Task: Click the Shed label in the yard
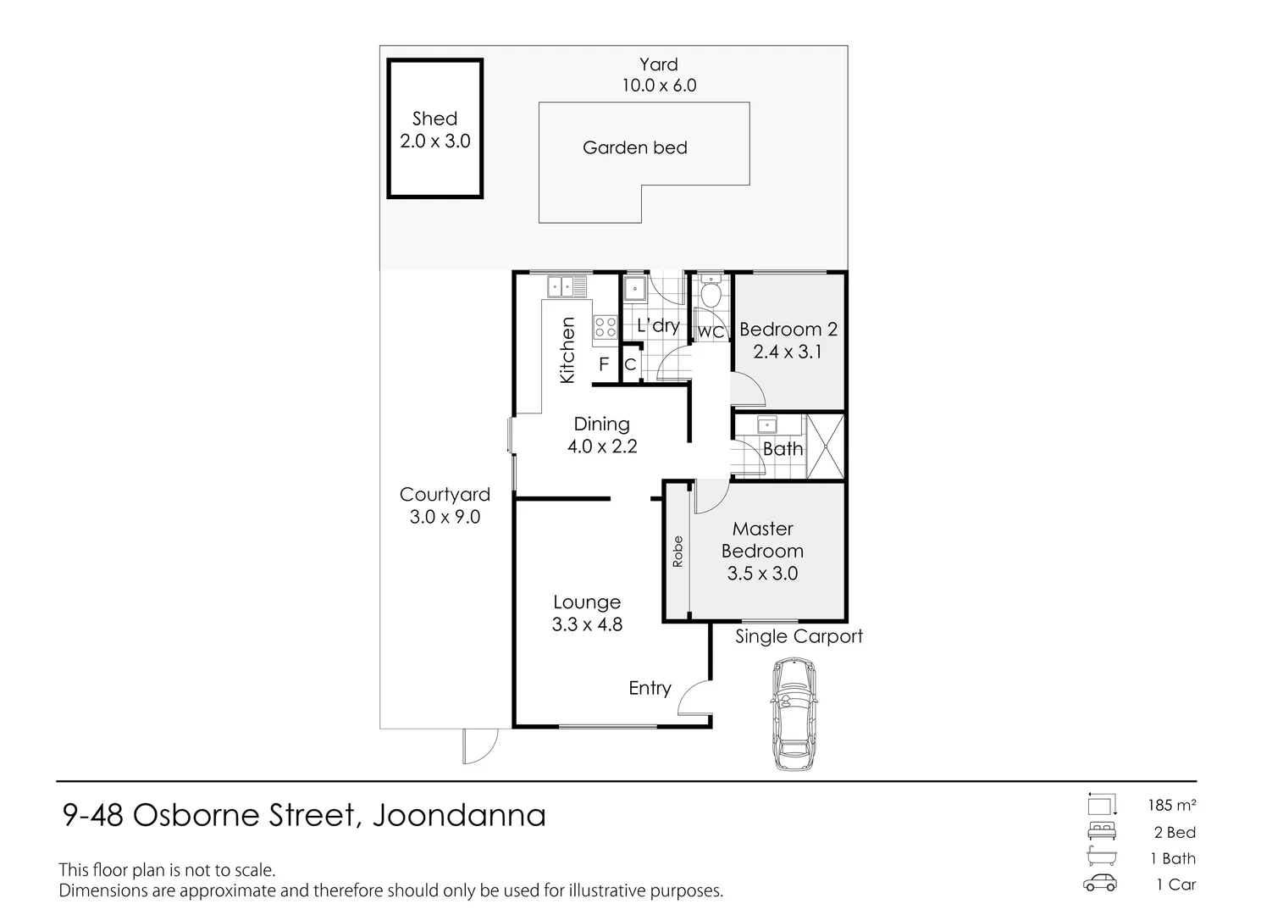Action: click(x=434, y=119)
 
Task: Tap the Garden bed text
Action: click(x=634, y=148)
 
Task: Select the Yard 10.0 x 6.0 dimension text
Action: click(x=659, y=86)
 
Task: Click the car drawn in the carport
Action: click(x=794, y=714)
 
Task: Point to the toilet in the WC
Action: click(x=711, y=295)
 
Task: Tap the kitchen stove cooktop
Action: click(x=605, y=327)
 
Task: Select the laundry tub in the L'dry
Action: click(x=635, y=289)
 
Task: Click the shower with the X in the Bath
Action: click(x=824, y=446)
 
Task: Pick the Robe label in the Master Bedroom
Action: click(x=677, y=552)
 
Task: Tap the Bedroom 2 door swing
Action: click(x=749, y=392)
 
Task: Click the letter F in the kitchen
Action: click(x=604, y=364)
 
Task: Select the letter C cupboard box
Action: click(x=630, y=365)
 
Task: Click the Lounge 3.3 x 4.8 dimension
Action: click(x=587, y=625)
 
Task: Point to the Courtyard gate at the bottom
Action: click(x=479, y=746)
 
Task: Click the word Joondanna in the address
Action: click(x=459, y=815)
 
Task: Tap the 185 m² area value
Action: click(x=1172, y=805)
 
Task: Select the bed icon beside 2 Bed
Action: click(x=1101, y=831)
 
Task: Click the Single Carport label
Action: click(x=799, y=637)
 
